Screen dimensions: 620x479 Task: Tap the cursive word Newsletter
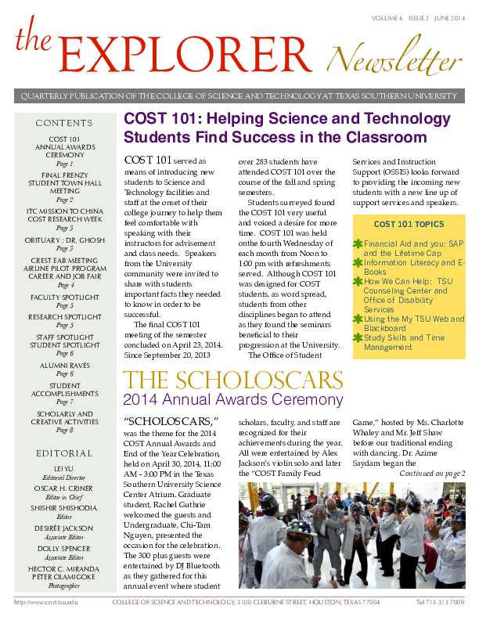tap(394, 56)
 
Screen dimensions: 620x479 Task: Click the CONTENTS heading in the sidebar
tap(64, 123)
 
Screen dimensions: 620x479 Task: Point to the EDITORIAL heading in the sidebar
tap(64, 453)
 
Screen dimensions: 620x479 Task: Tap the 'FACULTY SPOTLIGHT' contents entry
tap(64, 297)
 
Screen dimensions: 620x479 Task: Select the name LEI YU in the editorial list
tap(64, 468)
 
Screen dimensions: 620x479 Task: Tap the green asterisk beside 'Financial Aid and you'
tap(358, 244)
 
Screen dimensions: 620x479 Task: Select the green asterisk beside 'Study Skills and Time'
tap(358, 337)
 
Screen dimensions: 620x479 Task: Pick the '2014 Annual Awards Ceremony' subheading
tap(233, 400)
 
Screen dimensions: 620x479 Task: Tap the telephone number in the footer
tap(441, 602)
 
